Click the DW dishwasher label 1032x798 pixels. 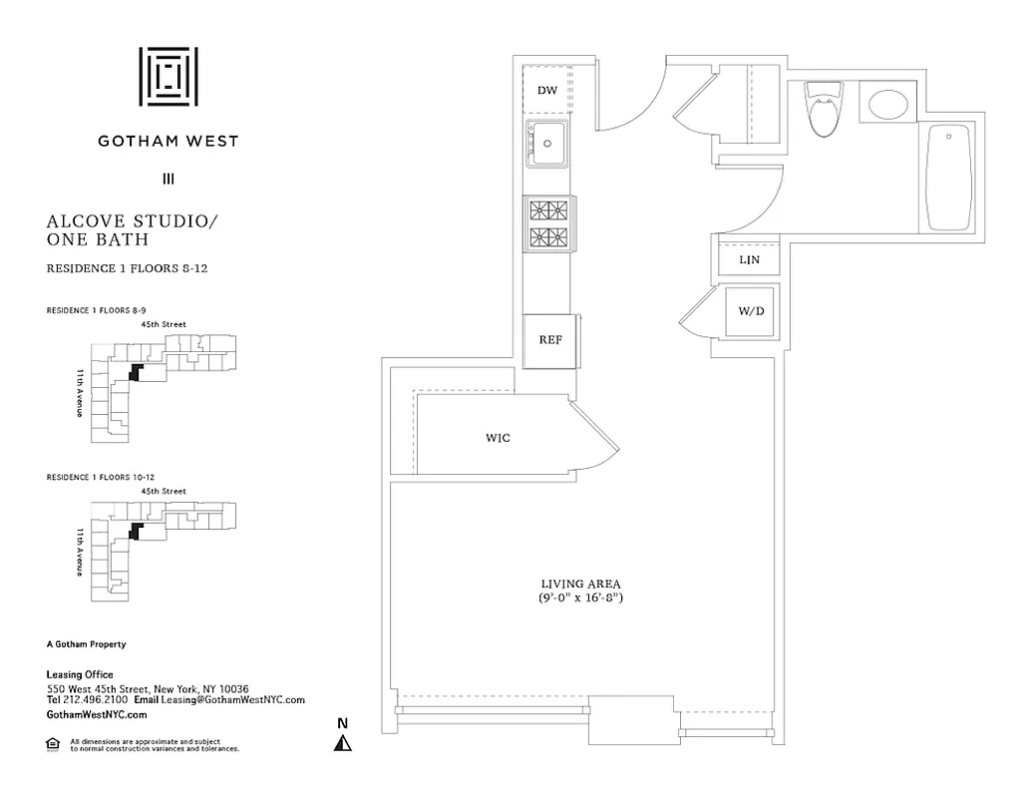tap(546, 91)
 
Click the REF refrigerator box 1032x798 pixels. tap(550, 340)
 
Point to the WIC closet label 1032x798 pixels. tap(498, 437)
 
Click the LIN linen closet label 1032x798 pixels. tap(749, 259)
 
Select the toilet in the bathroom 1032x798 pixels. tap(824, 109)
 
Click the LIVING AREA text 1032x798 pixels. tap(581, 584)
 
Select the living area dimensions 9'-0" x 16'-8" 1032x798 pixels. tap(581, 598)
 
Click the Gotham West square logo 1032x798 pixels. tap(168, 76)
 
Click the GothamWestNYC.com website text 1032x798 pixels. tap(97, 714)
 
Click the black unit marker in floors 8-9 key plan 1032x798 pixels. tap(136, 371)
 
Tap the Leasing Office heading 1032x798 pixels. tap(81, 675)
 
